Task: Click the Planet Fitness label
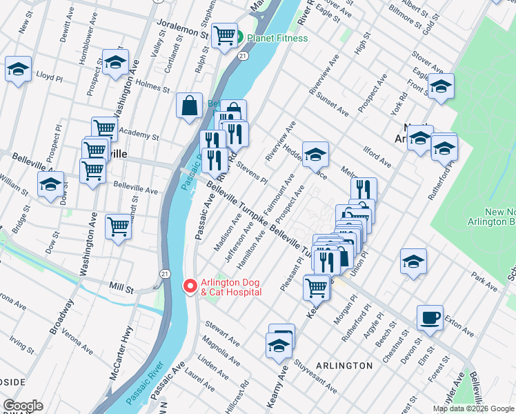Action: pos(277,38)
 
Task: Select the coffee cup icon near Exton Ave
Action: pos(430,317)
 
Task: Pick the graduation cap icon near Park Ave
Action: pos(413,262)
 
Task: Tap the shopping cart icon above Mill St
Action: pos(119,226)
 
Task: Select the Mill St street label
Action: pos(123,286)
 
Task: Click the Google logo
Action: pos(22,406)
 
